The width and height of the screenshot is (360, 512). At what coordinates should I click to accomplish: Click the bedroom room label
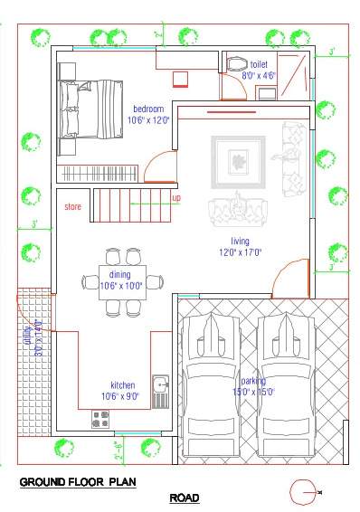(149, 109)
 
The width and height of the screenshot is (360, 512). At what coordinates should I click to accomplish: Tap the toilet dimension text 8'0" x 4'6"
(258, 76)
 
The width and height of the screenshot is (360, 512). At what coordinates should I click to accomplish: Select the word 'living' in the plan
(240, 241)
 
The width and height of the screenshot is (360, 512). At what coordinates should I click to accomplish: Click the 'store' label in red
(73, 207)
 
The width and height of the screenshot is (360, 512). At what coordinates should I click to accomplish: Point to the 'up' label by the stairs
(176, 198)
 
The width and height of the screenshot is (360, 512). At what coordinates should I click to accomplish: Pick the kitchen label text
(122, 384)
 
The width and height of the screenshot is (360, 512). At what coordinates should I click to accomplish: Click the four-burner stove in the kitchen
(100, 419)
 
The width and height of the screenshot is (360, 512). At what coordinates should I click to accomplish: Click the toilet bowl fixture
(237, 64)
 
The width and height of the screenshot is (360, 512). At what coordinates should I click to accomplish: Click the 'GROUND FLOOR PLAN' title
(78, 482)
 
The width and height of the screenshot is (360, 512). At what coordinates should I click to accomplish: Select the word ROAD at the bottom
(185, 498)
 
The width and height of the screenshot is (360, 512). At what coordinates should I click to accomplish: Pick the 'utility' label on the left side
(27, 341)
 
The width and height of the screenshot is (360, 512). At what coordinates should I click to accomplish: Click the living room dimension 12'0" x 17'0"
(240, 252)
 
